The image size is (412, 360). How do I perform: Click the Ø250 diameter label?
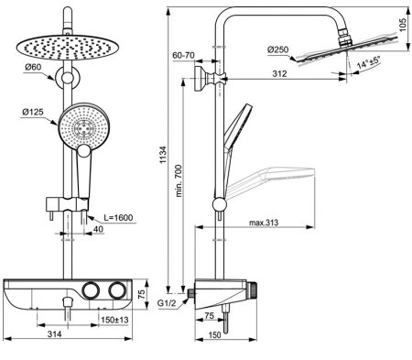277,49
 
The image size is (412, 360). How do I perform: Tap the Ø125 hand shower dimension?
33,112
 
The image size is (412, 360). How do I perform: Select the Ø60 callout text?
33,67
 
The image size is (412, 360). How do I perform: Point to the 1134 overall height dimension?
163,155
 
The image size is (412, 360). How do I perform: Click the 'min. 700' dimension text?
179,180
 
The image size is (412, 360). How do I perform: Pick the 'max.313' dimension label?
264,223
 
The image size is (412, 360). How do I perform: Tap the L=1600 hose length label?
118,218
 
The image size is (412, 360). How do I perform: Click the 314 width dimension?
54,334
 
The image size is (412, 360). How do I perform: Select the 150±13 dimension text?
114,320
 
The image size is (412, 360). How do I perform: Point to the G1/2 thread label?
167,303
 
